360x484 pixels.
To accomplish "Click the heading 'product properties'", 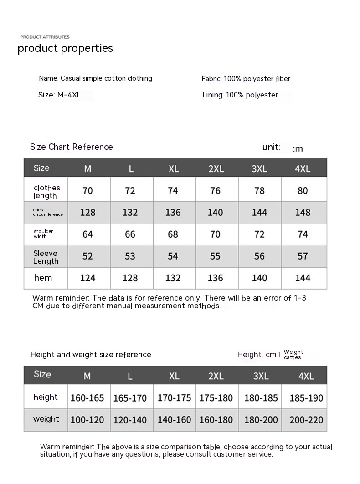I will click(65, 48).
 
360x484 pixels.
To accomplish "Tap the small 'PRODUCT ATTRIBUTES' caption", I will click(45, 37).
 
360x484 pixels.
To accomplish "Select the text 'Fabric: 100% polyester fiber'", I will click(246, 79).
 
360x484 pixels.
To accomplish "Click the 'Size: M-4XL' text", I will click(59, 95).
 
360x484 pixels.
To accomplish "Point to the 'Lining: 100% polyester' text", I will click(240, 95).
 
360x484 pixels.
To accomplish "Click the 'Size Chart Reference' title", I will click(71, 147).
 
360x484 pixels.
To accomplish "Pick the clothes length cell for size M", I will click(87, 190).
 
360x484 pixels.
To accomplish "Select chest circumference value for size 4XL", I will click(303, 212).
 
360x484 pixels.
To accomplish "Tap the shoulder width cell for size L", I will click(130, 234).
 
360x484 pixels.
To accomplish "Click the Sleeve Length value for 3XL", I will click(259, 256).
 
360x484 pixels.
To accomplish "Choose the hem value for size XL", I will click(173, 278).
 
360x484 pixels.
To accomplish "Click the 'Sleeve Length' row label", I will click(46, 257).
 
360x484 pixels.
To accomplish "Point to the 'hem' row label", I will click(43, 278).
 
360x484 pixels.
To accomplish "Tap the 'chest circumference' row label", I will click(47, 212).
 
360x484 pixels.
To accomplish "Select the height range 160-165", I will click(87, 398).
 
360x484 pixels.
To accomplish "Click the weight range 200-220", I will click(306, 420).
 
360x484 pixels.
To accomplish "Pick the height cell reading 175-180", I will click(216, 398).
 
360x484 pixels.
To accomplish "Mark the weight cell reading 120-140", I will click(130, 420).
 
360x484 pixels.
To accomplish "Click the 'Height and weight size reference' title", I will click(91, 354).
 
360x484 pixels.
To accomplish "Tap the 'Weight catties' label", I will click(293, 354).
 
